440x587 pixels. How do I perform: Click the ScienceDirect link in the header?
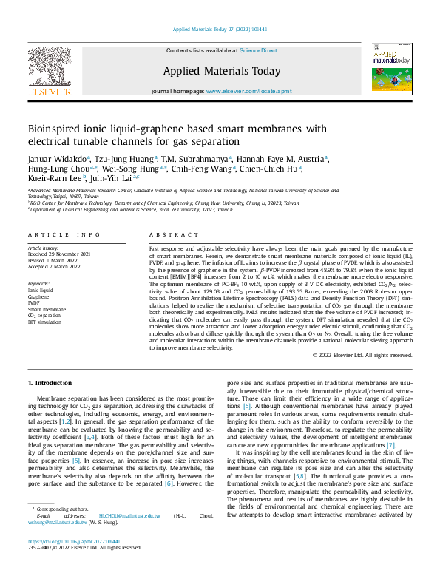point(258,50)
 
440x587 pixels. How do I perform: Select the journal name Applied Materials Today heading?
point(222,72)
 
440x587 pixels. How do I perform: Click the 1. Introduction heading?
point(50,383)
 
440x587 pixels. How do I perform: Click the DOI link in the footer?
point(69,563)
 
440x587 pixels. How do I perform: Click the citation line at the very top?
point(220,30)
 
